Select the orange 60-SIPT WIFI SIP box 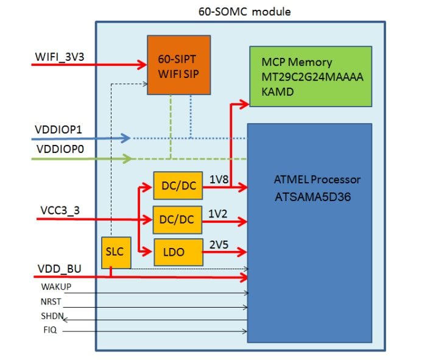tap(178, 65)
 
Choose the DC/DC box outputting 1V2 tap(178, 219)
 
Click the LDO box tap(178, 250)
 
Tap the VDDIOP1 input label tap(58, 130)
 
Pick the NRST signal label tap(51, 302)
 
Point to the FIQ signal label tap(48, 331)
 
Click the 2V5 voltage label tap(219, 244)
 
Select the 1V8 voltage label tap(219, 180)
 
